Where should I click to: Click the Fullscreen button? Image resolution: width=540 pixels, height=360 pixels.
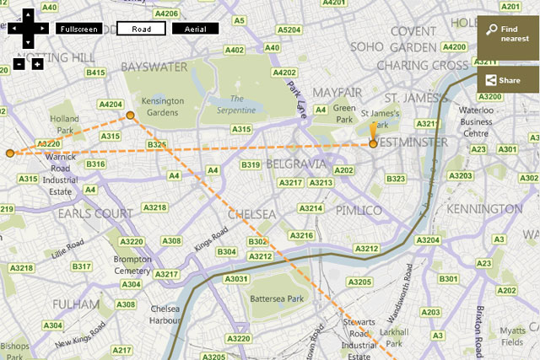pyautogui.click(x=78, y=29)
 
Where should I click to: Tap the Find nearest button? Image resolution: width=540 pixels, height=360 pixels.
pyautogui.click(x=507, y=34)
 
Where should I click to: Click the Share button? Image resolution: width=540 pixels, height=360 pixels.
pyautogui.click(x=507, y=80)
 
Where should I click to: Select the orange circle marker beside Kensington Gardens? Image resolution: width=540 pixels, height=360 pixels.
pyautogui.click(x=130, y=116)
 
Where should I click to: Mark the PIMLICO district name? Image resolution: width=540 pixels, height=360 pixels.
pyautogui.click(x=359, y=209)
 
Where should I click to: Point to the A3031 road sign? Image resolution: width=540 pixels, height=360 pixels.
pyautogui.click(x=236, y=279)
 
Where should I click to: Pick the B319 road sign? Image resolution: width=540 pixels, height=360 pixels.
pyautogui.click(x=251, y=165)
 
